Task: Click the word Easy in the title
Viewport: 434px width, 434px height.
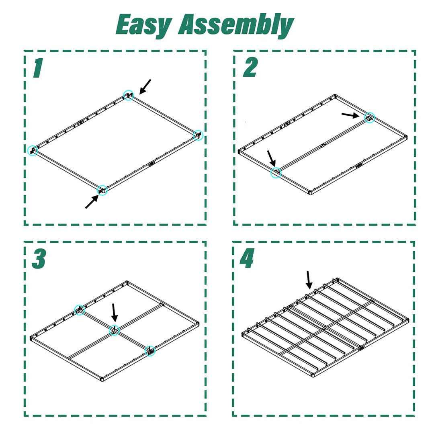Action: pos(143,25)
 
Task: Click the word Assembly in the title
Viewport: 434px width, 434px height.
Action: pos(235,25)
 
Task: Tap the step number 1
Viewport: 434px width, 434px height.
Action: pos(38,68)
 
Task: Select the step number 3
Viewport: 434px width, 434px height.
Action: pos(39,258)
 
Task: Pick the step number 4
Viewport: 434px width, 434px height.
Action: pos(247,258)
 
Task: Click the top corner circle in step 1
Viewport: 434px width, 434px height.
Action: pos(129,95)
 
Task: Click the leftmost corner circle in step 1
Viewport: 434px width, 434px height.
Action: pos(33,150)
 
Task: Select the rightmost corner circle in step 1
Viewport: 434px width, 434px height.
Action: pos(198,135)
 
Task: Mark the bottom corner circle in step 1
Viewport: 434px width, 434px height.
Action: pos(102,190)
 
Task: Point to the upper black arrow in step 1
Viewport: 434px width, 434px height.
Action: pos(145,87)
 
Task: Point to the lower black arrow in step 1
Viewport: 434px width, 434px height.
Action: pos(92,201)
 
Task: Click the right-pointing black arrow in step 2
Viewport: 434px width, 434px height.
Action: pos(350,115)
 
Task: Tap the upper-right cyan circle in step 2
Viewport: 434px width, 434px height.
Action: pos(370,117)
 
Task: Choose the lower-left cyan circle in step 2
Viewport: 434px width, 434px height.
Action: pos(276,173)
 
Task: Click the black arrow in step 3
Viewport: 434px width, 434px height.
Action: pos(114,313)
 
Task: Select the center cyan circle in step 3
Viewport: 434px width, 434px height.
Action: pos(114,330)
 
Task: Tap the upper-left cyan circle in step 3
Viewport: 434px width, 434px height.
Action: pos(80,310)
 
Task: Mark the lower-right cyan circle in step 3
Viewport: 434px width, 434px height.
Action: pos(150,351)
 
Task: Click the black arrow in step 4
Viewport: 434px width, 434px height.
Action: pos(309,280)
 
